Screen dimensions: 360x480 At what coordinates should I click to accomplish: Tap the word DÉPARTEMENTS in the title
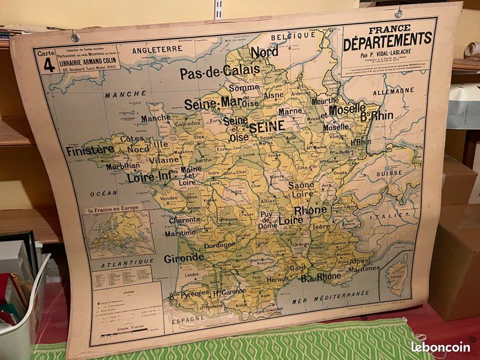point(388,38)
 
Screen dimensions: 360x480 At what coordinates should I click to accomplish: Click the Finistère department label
point(89,150)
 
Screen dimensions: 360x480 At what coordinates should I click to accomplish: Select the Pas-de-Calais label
point(220,72)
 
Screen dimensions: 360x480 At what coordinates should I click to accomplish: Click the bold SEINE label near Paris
point(267,127)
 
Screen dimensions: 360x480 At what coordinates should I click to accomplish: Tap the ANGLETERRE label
point(157,49)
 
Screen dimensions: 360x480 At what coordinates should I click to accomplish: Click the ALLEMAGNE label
point(393,92)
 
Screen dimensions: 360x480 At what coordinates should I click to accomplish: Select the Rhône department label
point(310,210)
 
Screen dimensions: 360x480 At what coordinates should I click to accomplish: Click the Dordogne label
point(220,245)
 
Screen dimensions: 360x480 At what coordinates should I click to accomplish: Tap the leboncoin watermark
point(441,347)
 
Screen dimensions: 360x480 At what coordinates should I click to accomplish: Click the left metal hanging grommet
point(75,37)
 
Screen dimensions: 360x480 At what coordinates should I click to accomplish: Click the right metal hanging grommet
point(398,13)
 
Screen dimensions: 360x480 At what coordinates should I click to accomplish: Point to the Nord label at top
point(264,52)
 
